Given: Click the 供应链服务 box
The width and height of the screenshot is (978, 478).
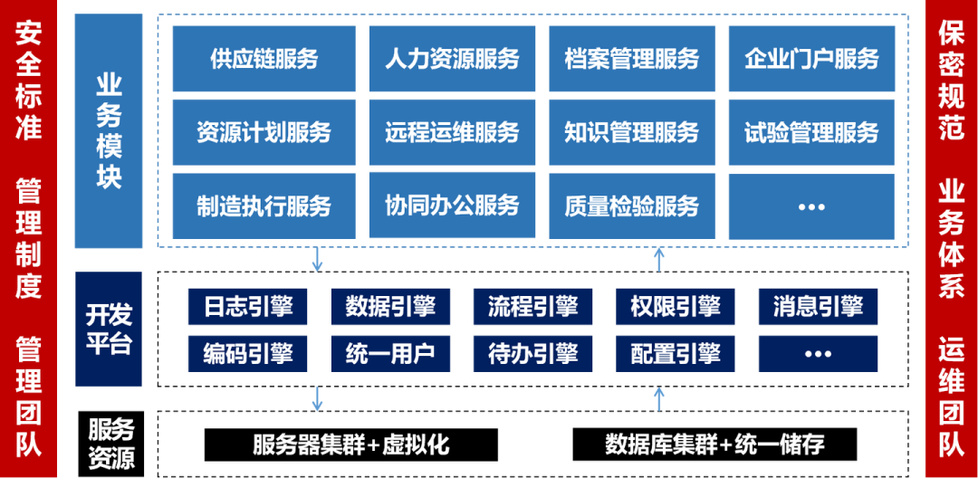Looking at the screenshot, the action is coord(264,59).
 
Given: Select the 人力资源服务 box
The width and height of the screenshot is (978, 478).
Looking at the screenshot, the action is coord(452,59).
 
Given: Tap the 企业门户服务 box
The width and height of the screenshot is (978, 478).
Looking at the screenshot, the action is coord(811,59).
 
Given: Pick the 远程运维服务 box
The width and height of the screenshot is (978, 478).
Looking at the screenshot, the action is coord(452,132).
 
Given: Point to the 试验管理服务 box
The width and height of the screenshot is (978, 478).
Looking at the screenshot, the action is coord(811,132).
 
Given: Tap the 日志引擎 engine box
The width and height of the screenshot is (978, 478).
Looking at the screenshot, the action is coord(247,307).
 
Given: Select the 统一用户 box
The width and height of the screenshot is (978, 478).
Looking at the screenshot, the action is coord(389,354).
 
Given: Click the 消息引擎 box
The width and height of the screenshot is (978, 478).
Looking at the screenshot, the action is coord(818,307).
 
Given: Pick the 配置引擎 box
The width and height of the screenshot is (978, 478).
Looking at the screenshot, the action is coord(675,354).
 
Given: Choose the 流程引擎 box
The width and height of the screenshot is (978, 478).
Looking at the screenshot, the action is coord(532,307).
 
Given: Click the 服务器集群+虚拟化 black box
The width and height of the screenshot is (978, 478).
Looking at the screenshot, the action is coord(351,445).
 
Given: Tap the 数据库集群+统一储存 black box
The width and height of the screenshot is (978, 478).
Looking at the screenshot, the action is coord(714,445).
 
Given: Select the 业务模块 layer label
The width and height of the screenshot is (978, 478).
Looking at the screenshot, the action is coord(109,131).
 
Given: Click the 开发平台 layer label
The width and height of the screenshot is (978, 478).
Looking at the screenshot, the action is coord(109,329).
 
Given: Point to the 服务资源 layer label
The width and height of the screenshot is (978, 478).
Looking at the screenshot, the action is coord(111,444).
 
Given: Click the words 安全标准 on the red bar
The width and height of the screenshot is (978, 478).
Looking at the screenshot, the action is coord(29,81).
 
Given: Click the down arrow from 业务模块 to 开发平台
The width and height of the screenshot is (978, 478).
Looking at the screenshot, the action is coord(317,259).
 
